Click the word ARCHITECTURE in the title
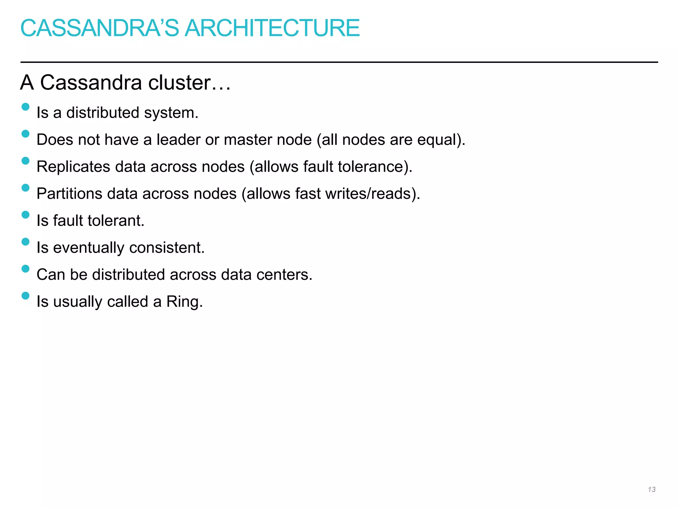(272, 28)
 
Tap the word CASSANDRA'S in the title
(99, 28)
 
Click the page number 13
(652, 489)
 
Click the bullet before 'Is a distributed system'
(25, 107)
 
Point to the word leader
(178, 140)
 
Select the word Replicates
(73, 167)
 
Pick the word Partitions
(69, 194)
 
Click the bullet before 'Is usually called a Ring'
(25, 296)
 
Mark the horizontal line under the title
(339, 62)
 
